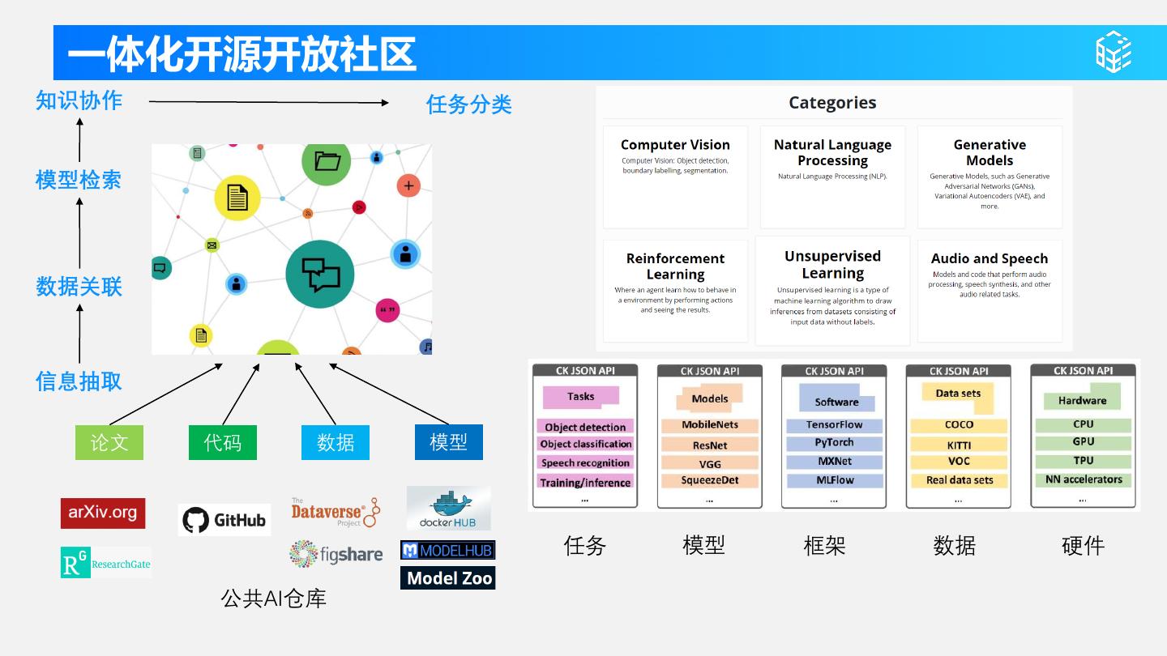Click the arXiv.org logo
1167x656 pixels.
coord(103,513)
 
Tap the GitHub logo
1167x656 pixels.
coord(224,520)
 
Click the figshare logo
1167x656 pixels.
coord(336,555)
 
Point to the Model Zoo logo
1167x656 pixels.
coord(447,578)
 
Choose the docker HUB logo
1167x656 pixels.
coord(448,509)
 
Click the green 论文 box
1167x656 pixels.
coord(109,442)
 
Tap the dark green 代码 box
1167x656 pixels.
coord(223,442)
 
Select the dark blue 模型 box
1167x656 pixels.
coord(448,442)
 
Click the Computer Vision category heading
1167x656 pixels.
coord(675,145)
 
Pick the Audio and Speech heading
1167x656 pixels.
coord(990,259)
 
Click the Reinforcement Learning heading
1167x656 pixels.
coord(675,266)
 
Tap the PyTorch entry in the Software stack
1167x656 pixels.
coord(834,443)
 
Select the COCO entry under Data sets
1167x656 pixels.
coord(959,425)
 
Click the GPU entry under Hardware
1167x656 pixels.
coord(1083,442)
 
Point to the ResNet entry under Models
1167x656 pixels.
coord(710,445)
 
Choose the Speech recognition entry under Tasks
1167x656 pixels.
coord(585,463)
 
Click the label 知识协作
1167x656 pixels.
coord(79,100)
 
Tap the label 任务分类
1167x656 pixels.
coord(469,104)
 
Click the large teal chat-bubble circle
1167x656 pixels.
coord(320,274)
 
